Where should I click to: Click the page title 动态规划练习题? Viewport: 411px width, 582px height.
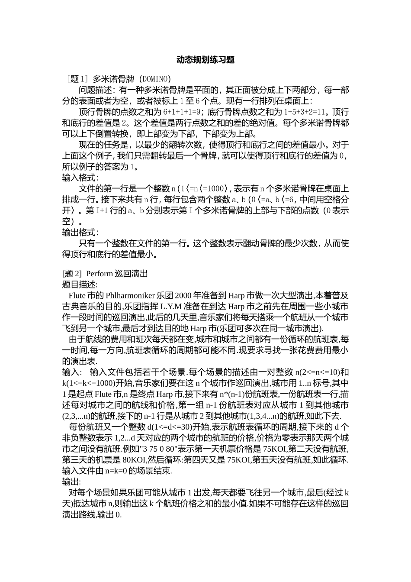(205, 60)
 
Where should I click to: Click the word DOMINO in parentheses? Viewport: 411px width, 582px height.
(154, 79)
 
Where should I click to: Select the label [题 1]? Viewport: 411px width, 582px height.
(76, 79)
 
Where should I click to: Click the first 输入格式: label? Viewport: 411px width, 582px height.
(80, 178)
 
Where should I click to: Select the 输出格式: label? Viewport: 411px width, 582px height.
(80, 233)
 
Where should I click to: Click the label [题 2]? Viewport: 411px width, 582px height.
(72, 274)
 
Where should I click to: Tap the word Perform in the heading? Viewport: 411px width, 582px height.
(100, 274)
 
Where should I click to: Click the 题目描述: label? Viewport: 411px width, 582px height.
(80, 285)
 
